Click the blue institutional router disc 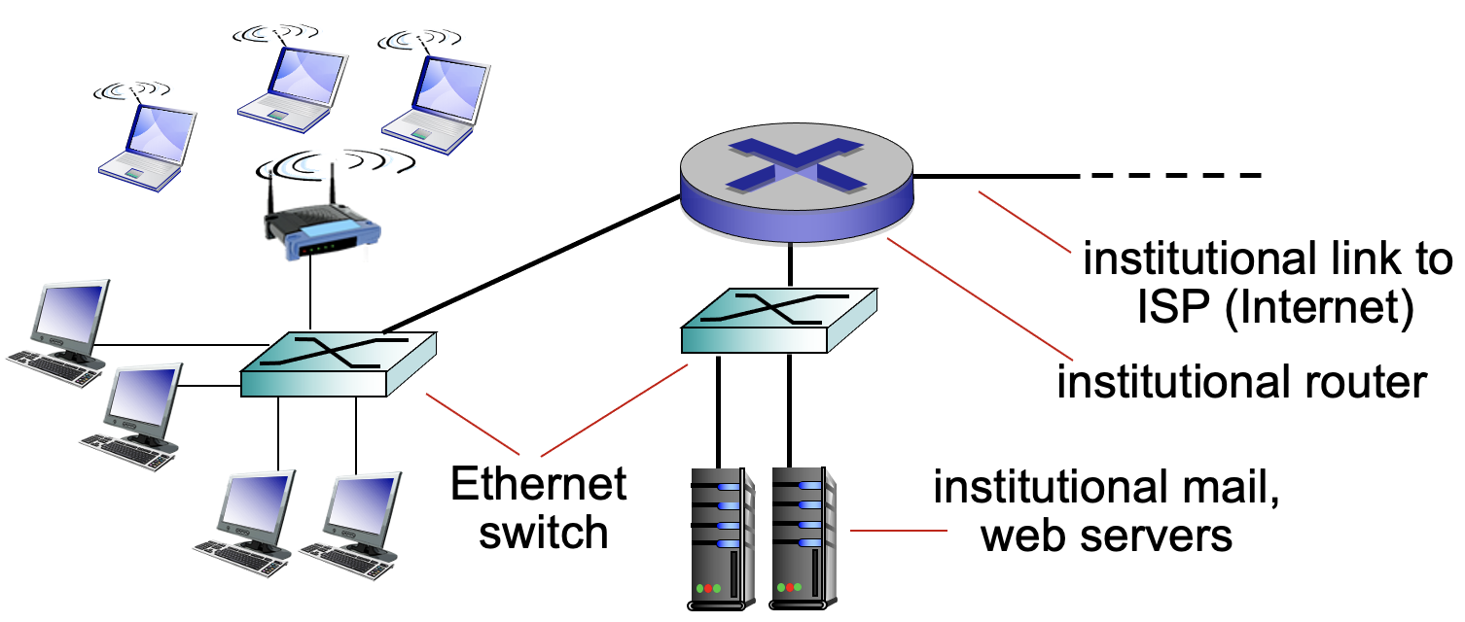coord(797,185)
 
